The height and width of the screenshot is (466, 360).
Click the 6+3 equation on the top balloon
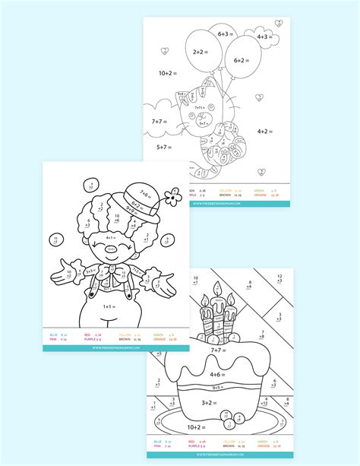(x=225, y=33)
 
